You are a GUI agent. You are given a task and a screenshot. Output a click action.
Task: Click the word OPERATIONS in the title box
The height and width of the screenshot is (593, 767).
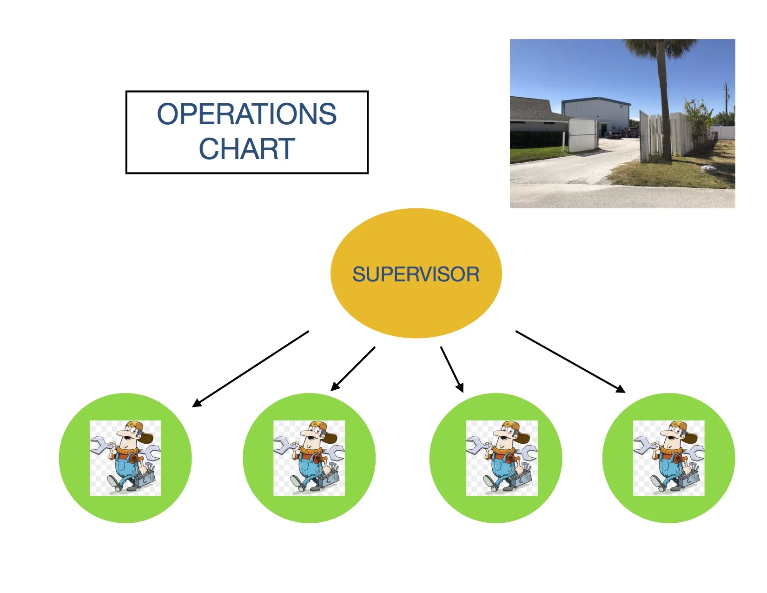click(x=247, y=114)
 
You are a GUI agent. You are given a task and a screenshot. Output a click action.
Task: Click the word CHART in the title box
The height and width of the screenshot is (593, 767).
click(x=247, y=149)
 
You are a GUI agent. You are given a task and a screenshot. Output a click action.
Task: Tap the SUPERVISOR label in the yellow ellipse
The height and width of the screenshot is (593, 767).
click(x=416, y=274)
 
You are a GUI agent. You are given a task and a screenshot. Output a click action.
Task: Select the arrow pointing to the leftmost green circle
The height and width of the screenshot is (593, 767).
click(x=251, y=369)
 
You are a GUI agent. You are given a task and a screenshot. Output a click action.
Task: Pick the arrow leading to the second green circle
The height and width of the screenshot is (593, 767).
click(x=353, y=368)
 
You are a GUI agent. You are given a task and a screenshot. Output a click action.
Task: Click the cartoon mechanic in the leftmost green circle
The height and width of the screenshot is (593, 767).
click(x=125, y=458)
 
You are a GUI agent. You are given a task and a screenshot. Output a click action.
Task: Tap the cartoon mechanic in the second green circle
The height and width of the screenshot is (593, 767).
click(x=309, y=458)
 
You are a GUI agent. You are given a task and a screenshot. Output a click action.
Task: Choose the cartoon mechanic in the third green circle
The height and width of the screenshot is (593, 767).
click(x=502, y=458)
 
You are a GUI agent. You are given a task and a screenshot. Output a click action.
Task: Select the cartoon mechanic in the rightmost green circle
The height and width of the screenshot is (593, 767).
click(x=668, y=458)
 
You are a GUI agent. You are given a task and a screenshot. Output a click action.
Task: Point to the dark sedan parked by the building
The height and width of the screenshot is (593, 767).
click(x=613, y=134)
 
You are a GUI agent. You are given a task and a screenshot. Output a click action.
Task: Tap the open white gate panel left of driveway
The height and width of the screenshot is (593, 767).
click(x=582, y=135)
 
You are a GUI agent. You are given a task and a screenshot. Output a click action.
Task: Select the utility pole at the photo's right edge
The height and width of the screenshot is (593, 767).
click(x=726, y=100)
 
